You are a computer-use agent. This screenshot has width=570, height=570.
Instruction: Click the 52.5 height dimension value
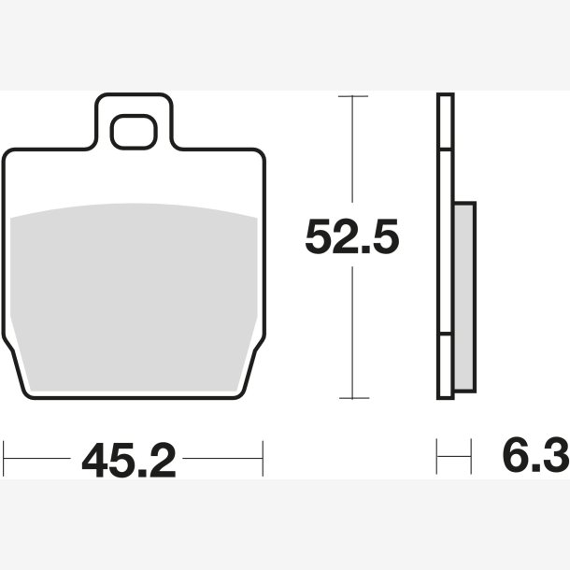[x=352, y=236]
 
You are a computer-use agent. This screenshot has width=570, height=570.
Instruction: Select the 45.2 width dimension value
[x=129, y=460]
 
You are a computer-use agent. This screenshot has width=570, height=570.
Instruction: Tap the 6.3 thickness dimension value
[x=535, y=455]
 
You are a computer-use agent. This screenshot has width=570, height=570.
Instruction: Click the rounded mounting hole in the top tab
[x=134, y=132]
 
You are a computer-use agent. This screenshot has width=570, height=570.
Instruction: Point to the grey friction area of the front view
[x=134, y=297]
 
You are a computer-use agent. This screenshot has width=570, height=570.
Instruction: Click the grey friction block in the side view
[x=464, y=296]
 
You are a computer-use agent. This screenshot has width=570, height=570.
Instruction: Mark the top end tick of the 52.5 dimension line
[x=353, y=96]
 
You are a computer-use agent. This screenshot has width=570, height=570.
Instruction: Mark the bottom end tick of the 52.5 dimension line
[x=354, y=398]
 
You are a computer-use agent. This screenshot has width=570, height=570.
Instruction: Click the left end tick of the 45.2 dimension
[x=4, y=459]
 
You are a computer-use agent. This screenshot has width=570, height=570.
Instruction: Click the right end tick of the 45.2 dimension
[x=263, y=459]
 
